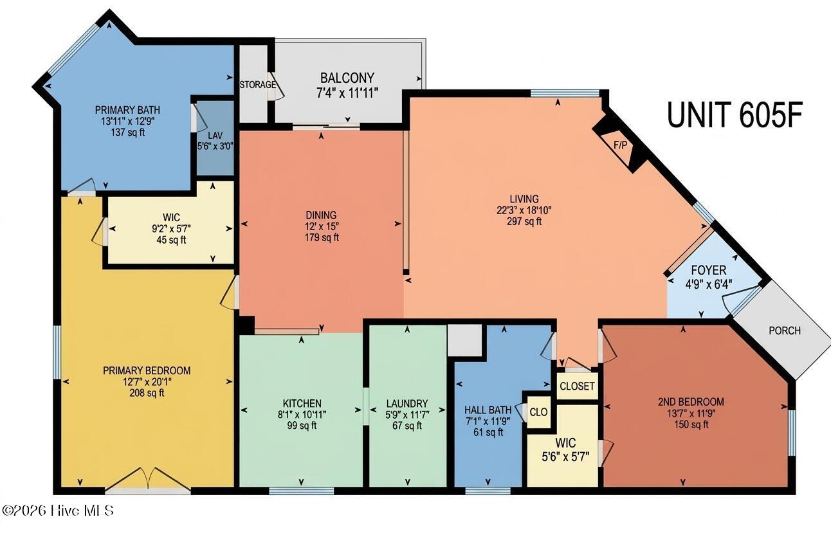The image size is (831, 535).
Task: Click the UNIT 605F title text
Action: pyautogui.click(x=735, y=115)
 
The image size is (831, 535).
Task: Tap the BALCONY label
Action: pyautogui.click(x=347, y=78)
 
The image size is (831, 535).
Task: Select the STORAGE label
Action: pyautogui.click(x=258, y=85)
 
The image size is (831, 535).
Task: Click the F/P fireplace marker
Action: pyautogui.click(x=620, y=145)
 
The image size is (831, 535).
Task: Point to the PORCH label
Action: pyautogui.click(x=785, y=331)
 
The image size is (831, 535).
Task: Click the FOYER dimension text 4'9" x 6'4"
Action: pyautogui.click(x=709, y=285)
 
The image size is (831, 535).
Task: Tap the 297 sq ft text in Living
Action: pyautogui.click(x=524, y=221)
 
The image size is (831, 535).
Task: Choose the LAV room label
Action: pyautogui.click(x=215, y=135)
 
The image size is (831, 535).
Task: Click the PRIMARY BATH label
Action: pyautogui.click(x=127, y=110)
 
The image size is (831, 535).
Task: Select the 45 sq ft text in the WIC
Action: pyautogui.click(x=171, y=240)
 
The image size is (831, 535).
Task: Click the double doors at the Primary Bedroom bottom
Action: pyautogui.click(x=148, y=481)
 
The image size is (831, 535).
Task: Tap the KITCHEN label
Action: pyautogui.click(x=302, y=403)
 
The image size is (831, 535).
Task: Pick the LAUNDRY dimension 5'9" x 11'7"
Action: pyautogui.click(x=407, y=414)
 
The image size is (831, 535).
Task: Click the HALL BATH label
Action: pyautogui.click(x=488, y=410)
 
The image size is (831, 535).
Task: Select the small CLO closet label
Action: pyautogui.click(x=538, y=412)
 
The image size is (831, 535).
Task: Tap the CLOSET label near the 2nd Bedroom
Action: pyautogui.click(x=577, y=386)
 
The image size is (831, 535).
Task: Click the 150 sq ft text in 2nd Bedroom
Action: pyautogui.click(x=691, y=424)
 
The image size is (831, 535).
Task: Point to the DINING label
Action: pyautogui.click(x=321, y=215)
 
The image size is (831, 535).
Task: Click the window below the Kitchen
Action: pyautogui.click(x=301, y=491)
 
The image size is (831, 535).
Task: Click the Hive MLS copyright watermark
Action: pyautogui.click(x=58, y=511)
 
